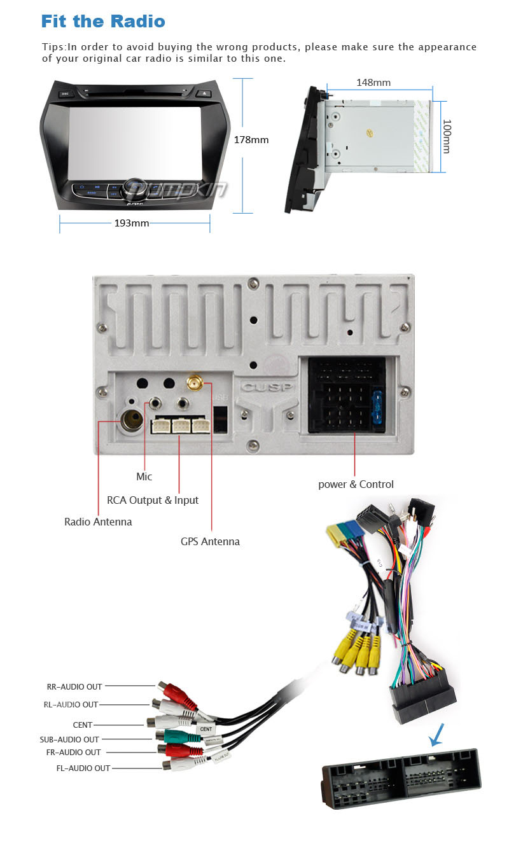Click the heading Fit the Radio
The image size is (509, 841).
(x=103, y=21)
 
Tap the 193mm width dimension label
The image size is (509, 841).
(x=132, y=223)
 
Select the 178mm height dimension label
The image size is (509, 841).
(x=251, y=140)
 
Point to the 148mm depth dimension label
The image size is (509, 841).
(x=373, y=83)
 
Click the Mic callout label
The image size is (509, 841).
(x=144, y=476)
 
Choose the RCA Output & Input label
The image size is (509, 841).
(x=153, y=500)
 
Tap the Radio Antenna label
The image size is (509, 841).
(x=98, y=522)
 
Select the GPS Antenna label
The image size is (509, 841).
(x=210, y=541)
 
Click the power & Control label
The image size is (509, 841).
(x=356, y=484)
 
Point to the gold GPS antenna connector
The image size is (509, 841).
(x=193, y=384)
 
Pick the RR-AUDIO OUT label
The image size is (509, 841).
(x=74, y=687)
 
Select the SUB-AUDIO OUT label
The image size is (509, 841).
(x=69, y=739)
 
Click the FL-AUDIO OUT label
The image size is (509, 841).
(x=83, y=768)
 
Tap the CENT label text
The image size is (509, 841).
(x=83, y=725)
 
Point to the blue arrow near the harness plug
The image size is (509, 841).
(x=436, y=737)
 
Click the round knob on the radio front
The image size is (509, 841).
(x=134, y=186)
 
